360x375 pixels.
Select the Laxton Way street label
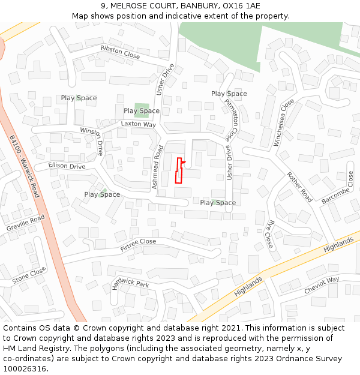pyautogui.click(x=138, y=124)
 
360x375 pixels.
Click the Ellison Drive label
pyautogui.click(x=67, y=166)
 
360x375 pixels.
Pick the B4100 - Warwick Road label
pyautogui.click(x=25, y=167)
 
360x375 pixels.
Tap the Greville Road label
pyautogui.click(x=26, y=223)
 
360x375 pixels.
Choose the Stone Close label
pyautogui.click(x=29, y=275)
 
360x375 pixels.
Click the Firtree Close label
pyautogui.click(x=138, y=245)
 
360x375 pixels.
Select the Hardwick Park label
pyautogui.click(x=130, y=284)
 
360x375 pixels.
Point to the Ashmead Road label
pyautogui.click(x=158, y=167)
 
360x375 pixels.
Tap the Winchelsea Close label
pyautogui.click(x=284, y=122)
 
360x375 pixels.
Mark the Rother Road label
pyautogui.click(x=300, y=187)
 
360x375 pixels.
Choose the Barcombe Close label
pyautogui.click(x=336, y=188)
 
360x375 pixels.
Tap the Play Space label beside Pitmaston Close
pyautogui.click(x=229, y=94)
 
